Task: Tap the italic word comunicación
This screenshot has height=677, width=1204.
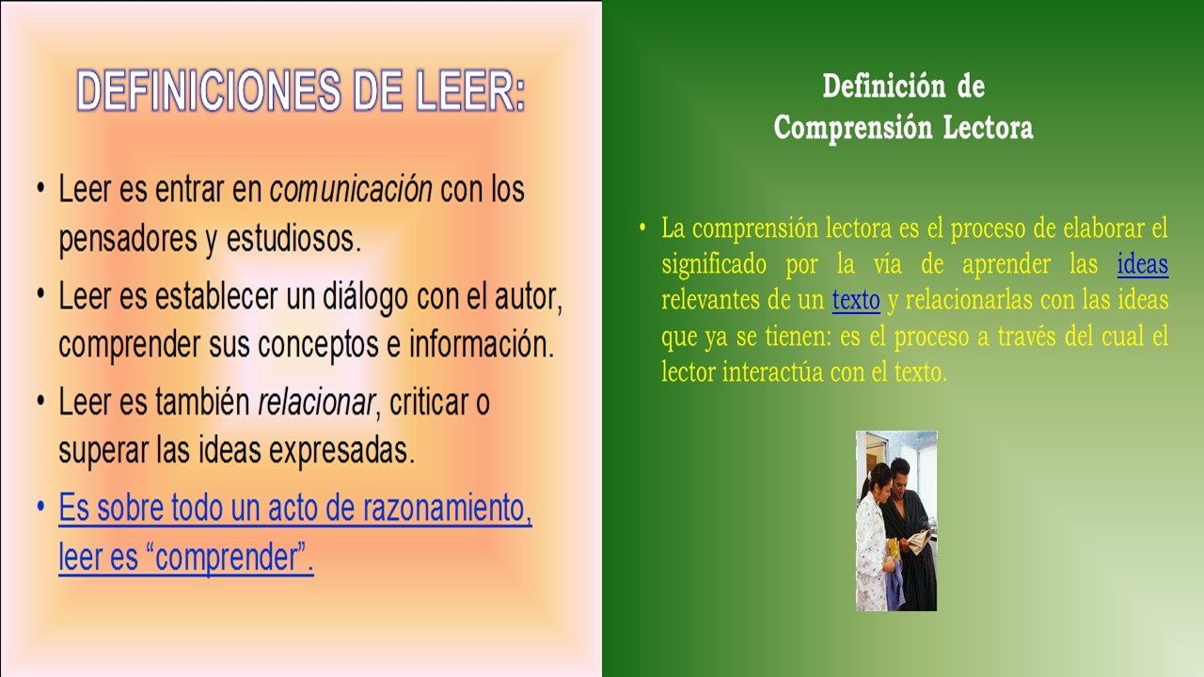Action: point(351,189)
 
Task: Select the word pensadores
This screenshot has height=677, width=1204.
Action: point(128,239)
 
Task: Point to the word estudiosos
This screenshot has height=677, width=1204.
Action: point(293,238)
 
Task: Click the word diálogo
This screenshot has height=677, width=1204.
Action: point(365,296)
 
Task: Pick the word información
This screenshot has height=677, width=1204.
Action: point(482,344)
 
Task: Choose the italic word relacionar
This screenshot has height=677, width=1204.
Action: point(317,401)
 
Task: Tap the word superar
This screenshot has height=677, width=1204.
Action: point(103,450)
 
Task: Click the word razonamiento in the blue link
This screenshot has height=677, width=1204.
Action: point(447,507)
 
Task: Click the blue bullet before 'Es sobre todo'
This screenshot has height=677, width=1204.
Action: point(40,507)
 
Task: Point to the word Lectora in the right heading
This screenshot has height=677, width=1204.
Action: point(988,127)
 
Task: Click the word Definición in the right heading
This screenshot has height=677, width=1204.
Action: point(883,86)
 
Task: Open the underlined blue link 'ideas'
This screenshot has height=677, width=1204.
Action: point(1143,264)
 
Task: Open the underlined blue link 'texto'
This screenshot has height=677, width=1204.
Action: point(856,300)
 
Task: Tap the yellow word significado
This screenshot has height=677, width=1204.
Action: point(714,265)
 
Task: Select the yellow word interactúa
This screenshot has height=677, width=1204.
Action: point(772,371)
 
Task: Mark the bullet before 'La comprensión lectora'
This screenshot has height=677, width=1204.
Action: point(642,227)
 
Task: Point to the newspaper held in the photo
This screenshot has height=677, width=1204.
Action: point(918,541)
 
